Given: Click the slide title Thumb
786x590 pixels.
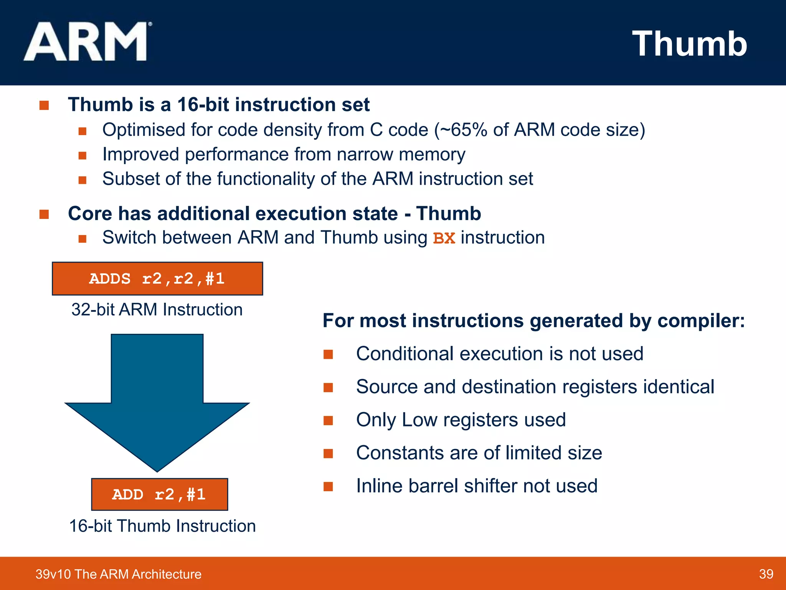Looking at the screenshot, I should point(689,44).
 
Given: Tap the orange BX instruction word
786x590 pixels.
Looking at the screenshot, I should point(444,238).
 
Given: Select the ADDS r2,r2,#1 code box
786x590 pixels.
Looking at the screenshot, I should point(157,279).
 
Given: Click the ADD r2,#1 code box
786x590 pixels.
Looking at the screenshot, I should point(159,494).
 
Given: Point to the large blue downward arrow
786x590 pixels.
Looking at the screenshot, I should point(157,399).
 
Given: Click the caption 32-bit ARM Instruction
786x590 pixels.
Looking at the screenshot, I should point(157,310).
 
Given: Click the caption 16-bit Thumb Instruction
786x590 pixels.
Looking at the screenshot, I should point(162,526).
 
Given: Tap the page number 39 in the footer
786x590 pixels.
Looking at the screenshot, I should point(766,574).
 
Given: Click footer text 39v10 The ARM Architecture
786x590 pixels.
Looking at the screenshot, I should point(118,574).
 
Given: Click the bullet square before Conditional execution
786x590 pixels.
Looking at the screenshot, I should point(328,354).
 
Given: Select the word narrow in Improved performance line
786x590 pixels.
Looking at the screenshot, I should point(365,154).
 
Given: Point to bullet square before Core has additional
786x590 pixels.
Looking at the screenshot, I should point(44,214).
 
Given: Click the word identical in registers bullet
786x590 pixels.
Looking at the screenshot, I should point(679,387).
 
